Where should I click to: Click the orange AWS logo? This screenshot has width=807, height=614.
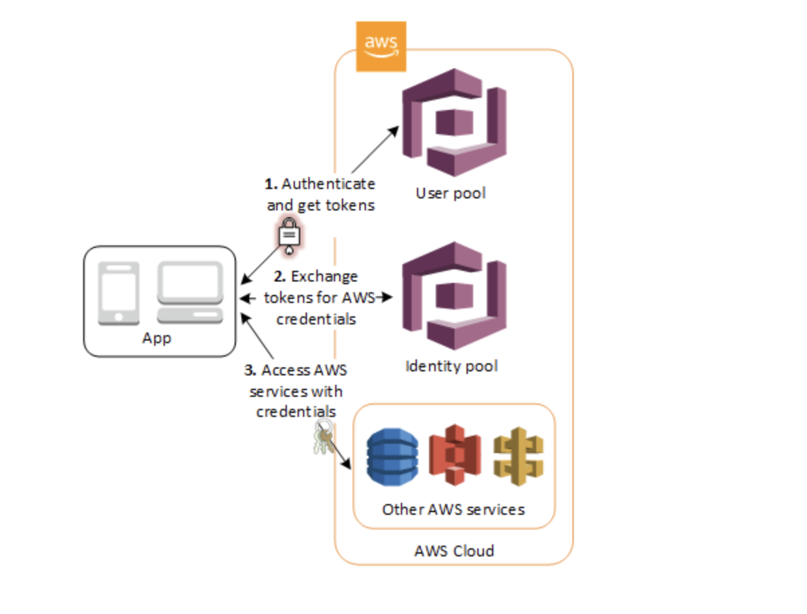click(381, 46)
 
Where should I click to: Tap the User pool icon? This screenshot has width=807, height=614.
click(453, 122)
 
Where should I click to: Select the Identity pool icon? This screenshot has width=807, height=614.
click(453, 296)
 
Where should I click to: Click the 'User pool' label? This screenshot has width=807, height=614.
click(450, 194)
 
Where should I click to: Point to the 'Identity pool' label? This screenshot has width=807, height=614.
click(451, 367)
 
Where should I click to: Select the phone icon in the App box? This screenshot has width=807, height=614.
click(119, 293)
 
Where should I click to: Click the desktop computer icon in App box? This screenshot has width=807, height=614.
click(190, 293)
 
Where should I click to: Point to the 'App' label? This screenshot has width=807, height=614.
click(157, 338)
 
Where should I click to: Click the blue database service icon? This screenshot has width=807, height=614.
click(392, 456)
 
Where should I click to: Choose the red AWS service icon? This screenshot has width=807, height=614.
click(456, 456)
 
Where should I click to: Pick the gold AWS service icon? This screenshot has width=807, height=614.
click(518, 456)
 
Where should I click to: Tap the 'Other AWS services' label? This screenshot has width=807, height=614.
click(453, 509)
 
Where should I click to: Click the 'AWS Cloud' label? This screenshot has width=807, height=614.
click(454, 551)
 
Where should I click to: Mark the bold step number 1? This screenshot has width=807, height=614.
click(269, 184)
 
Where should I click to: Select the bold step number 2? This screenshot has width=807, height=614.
click(280, 276)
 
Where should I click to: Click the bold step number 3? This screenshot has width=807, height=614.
click(250, 370)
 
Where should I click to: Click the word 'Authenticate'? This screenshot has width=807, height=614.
click(328, 184)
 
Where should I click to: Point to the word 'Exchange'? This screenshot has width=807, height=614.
click(324, 276)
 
